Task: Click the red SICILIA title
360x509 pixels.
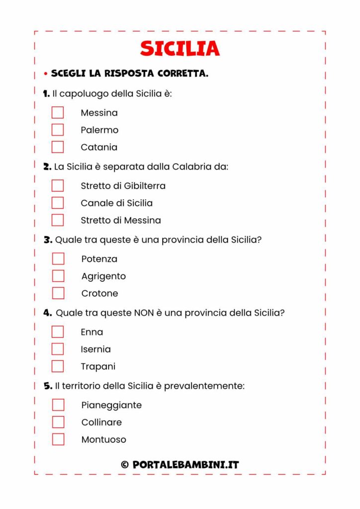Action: coord(180,48)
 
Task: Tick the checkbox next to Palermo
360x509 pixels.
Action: coord(58,130)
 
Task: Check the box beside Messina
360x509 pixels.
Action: coord(58,112)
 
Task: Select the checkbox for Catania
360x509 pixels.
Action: coord(58,147)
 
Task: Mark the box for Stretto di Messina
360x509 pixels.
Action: coord(58,220)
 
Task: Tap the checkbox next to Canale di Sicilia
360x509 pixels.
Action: coord(58,203)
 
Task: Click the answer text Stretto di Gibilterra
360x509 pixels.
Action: coord(123,186)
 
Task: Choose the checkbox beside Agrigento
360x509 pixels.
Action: coord(58,276)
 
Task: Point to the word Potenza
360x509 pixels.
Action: coord(99,259)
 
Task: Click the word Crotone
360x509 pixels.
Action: coord(99,293)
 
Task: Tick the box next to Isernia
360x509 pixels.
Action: coord(58,349)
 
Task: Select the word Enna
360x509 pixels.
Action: coord(92,332)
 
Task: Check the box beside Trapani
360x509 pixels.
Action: coord(58,366)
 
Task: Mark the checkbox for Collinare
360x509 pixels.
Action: coord(58,422)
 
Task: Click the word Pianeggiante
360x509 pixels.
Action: coord(111,405)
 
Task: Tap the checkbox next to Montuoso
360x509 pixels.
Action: coord(58,439)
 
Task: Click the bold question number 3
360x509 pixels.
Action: coord(48,240)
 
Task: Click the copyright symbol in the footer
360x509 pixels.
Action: coord(125,465)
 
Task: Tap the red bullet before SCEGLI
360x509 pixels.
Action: coord(45,74)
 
